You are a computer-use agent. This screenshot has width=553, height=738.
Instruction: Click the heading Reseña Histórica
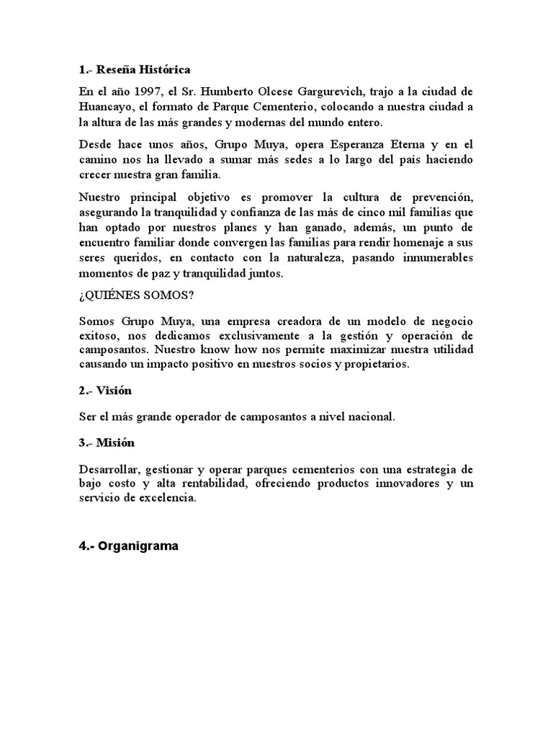coord(135,70)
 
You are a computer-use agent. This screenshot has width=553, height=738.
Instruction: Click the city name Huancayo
coord(105,107)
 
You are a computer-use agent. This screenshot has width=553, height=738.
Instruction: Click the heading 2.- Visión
coord(106,391)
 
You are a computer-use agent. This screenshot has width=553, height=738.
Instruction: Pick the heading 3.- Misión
coord(107,442)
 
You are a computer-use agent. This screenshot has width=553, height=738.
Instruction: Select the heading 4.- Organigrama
coord(128,546)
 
